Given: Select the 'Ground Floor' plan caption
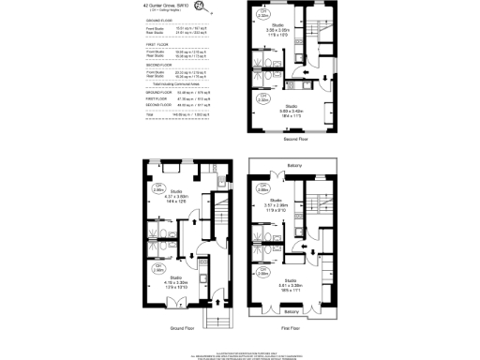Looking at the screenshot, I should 184,329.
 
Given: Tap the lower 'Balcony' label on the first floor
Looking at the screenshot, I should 292,311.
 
